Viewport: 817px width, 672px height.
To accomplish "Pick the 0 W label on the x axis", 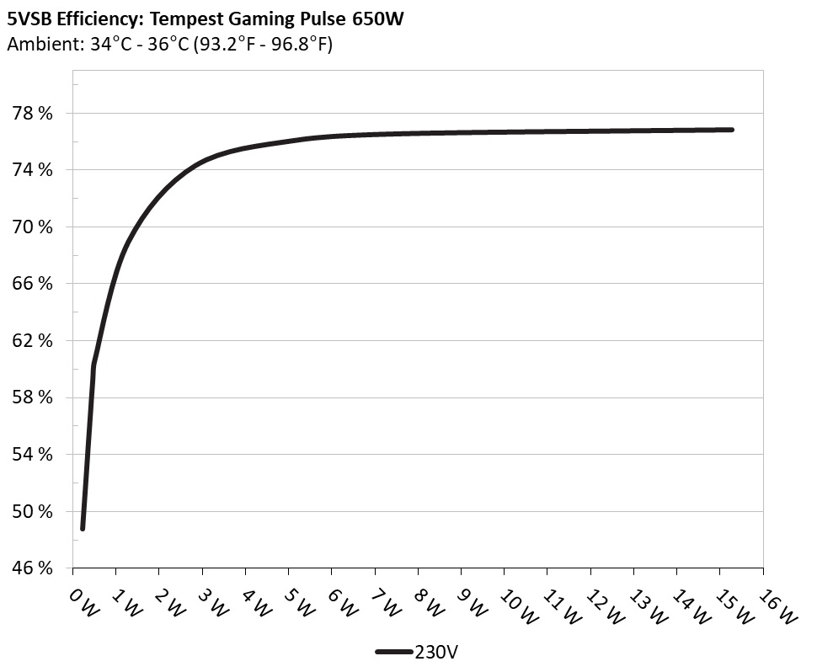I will [83, 601].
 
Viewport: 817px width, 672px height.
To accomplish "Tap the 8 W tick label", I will [428, 601].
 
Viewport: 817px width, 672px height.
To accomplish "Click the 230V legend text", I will [436, 651].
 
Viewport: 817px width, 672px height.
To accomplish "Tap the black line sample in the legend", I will [393, 651].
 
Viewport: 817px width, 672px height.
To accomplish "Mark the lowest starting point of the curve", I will [83, 528].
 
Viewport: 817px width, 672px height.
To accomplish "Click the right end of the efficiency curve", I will [731, 130].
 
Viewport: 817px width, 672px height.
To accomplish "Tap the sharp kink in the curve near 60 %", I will [93, 366].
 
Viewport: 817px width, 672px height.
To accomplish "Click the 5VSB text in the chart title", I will [28, 19].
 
